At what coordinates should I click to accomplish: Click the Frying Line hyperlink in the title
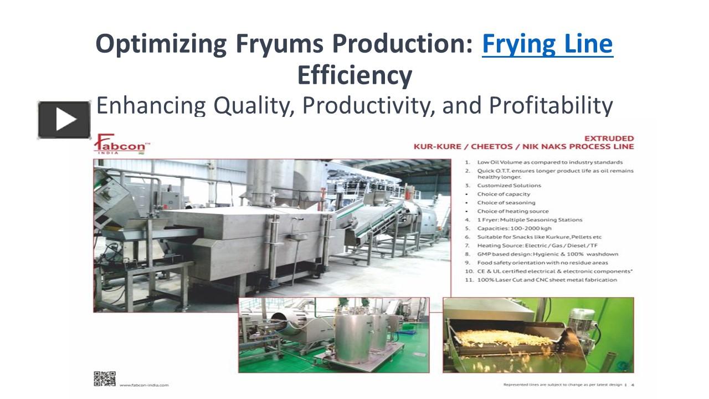pyautogui.click(x=547, y=44)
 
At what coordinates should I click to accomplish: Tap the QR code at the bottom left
pyautogui.click(x=104, y=378)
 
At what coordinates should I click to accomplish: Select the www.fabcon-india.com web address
pyautogui.click(x=144, y=385)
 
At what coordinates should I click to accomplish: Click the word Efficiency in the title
pyautogui.click(x=354, y=75)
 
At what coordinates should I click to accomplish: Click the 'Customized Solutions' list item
pyautogui.click(x=509, y=186)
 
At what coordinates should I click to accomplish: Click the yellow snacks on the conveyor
pyautogui.click(x=499, y=337)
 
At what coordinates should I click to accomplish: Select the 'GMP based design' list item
pyautogui.click(x=547, y=254)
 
